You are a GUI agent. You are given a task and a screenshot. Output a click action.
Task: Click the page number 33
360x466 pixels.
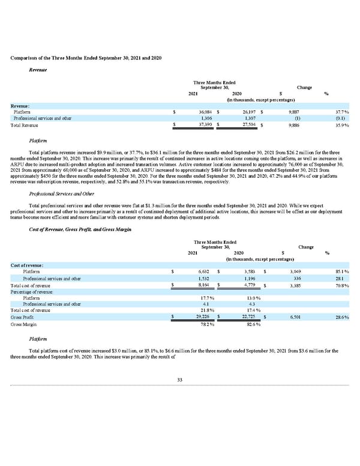pyautogui.click(x=179, y=393)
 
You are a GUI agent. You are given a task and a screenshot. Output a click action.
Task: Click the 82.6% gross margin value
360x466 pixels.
pyautogui.click(x=252, y=325)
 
